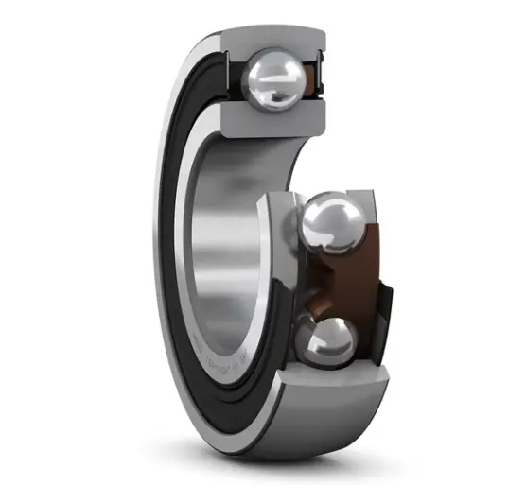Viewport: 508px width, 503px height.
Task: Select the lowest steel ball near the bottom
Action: (326, 341)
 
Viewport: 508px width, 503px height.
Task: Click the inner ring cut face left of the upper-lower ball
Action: (280, 227)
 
